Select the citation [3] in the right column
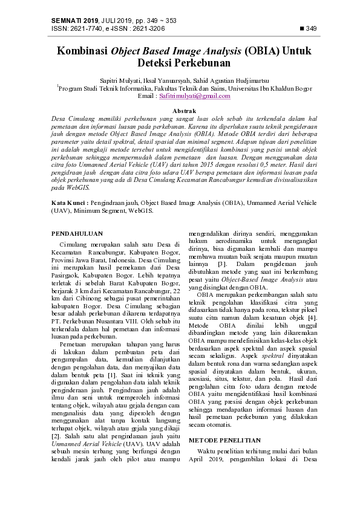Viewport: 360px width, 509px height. pos(222,264)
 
